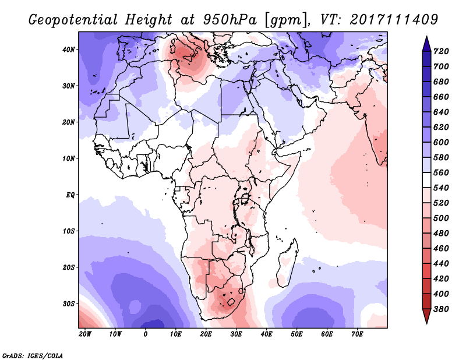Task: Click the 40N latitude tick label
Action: coord(69,50)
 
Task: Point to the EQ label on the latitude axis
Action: coord(70,195)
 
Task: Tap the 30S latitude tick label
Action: coord(69,304)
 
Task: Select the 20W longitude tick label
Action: coord(85,334)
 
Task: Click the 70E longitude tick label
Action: coord(357,334)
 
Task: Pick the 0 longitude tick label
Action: coord(145,334)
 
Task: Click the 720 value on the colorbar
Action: coord(441,51)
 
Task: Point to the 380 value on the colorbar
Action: coord(441,309)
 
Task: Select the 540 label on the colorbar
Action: coord(441,188)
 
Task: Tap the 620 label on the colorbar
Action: coord(441,127)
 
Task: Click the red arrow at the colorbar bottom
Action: coord(426,316)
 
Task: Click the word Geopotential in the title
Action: coord(73,20)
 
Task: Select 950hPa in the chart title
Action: coord(230,20)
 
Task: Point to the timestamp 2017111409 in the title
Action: coord(394,19)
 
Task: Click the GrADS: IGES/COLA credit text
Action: coord(33,355)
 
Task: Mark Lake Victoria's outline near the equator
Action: coord(245,198)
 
